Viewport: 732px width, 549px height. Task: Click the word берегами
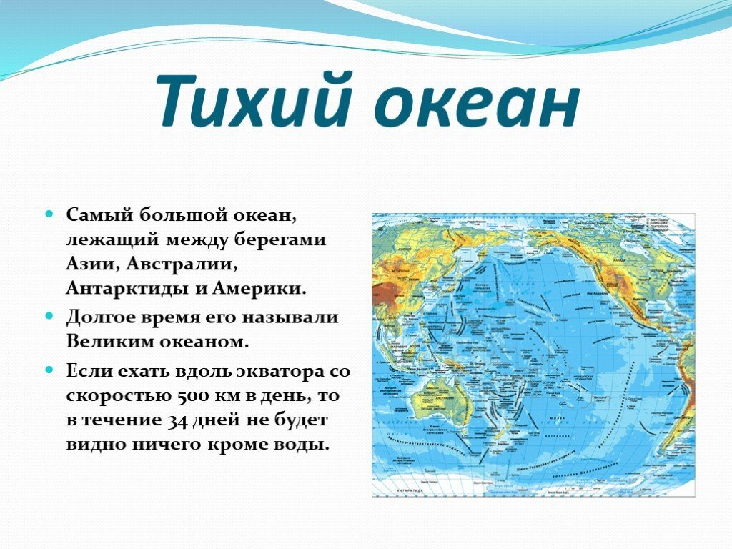click(x=285, y=240)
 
